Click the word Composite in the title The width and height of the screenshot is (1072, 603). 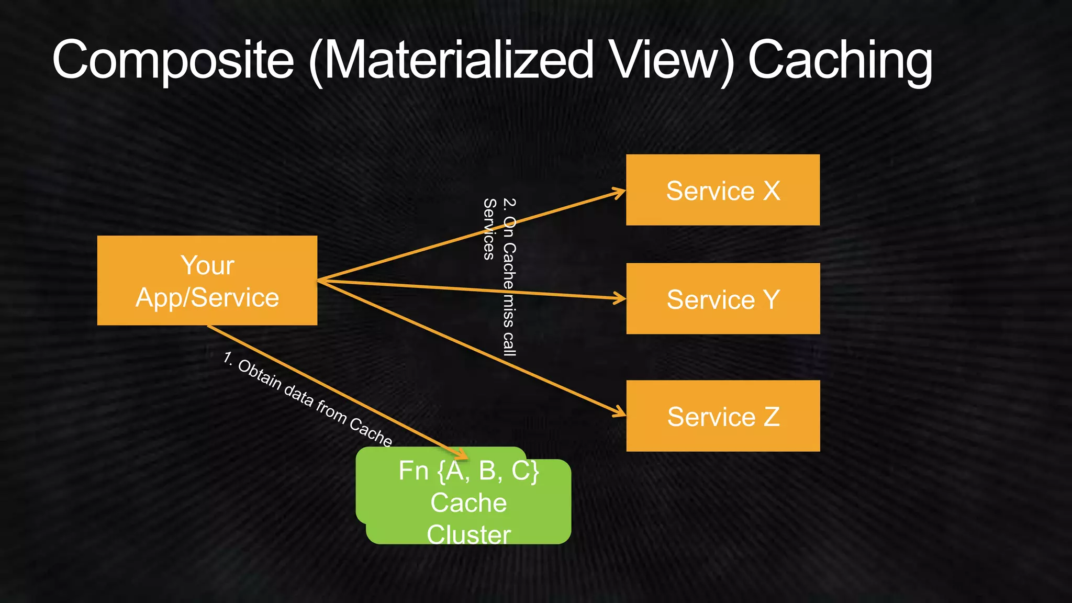click(x=173, y=60)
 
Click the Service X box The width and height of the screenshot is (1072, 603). click(x=722, y=190)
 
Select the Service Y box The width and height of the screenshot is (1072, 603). click(x=722, y=299)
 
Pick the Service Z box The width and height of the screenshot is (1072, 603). click(x=722, y=416)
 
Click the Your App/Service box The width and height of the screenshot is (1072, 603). click(x=207, y=281)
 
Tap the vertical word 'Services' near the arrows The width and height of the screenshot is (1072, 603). click(x=489, y=229)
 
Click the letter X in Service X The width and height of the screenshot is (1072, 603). click(x=771, y=191)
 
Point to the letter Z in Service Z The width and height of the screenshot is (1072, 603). click(x=771, y=417)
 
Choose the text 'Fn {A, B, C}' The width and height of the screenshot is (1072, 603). click(x=468, y=471)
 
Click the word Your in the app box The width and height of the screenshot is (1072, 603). click(x=207, y=265)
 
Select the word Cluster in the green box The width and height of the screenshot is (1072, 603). click(x=468, y=534)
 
